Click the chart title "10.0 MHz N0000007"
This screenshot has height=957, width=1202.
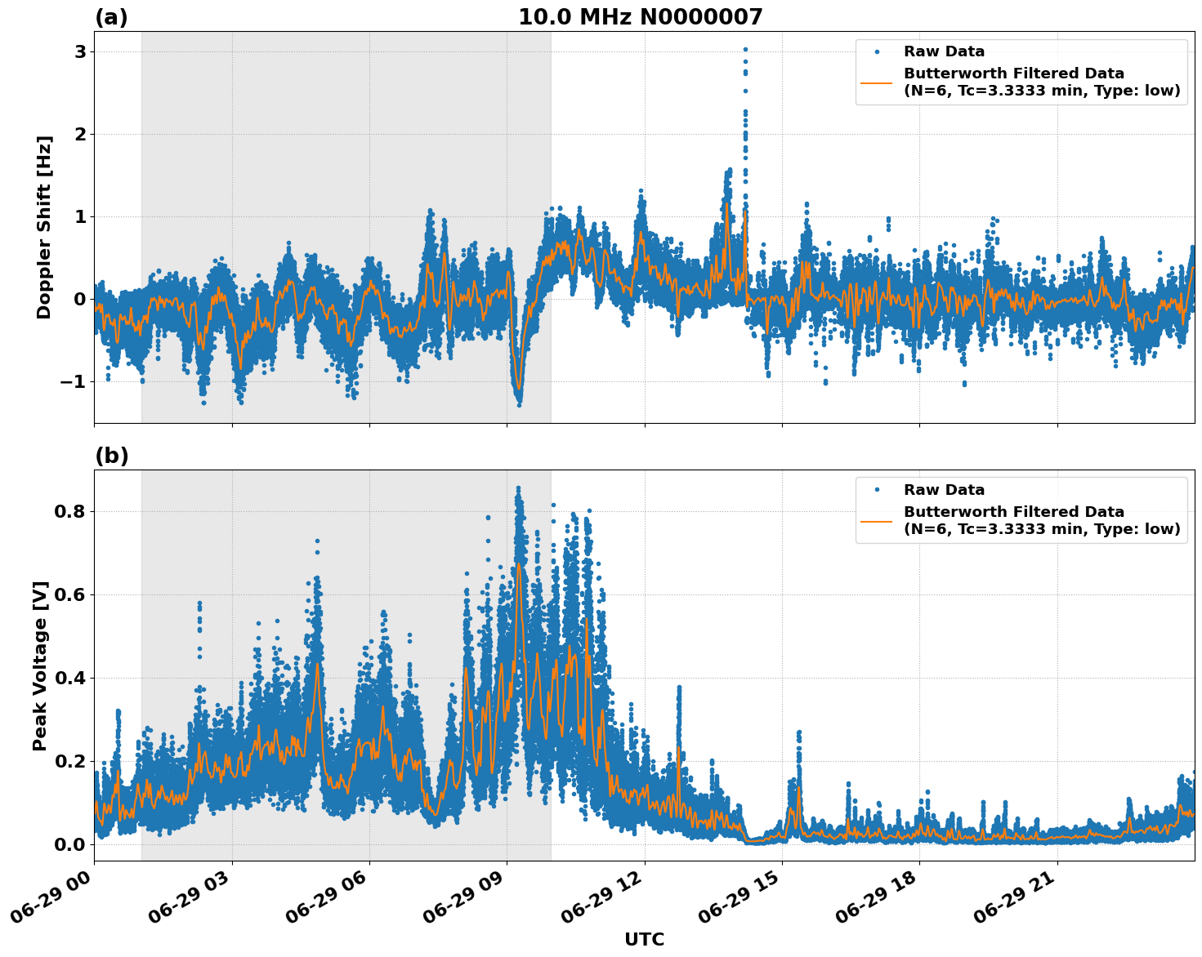pyautogui.click(x=640, y=17)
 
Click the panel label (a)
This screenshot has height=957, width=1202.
pyautogui.click(x=111, y=17)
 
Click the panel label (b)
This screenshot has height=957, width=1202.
pyautogui.click(x=111, y=456)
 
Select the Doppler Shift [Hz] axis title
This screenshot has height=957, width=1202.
pyautogui.click(x=44, y=227)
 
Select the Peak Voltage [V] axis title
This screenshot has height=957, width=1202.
pyautogui.click(x=41, y=665)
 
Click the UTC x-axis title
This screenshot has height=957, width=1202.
pyautogui.click(x=644, y=939)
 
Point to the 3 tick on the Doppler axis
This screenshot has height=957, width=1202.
pyautogui.click(x=80, y=51)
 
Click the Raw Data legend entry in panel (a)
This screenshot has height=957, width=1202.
pyautogui.click(x=944, y=51)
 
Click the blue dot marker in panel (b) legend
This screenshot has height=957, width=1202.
pyautogui.click(x=877, y=490)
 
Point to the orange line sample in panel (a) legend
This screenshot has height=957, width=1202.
pyautogui.click(x=877, y=82)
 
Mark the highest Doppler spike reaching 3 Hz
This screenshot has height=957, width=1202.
pyautogui.click(x=745, y=50)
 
